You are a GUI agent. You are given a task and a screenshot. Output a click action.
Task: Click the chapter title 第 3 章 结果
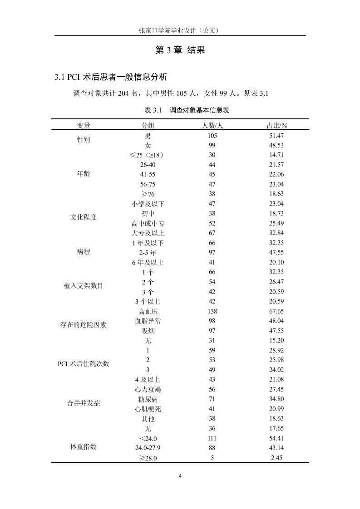coord(180,50)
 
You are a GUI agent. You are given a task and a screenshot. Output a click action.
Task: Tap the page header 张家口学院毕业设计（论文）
coord(180,30)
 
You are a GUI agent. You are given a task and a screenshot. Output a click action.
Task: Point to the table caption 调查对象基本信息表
coord(202,110)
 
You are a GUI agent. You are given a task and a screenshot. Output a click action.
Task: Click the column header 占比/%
coord(276,126)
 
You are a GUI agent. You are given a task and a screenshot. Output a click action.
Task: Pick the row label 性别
coord(84,140)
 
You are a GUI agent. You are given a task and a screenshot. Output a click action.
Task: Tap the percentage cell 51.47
coord(276,136)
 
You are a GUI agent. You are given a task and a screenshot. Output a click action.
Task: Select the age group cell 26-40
coord(148,165)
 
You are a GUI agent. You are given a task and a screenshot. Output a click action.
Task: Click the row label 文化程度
coord(84,217)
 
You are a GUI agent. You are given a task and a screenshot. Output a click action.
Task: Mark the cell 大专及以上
coord(148,233)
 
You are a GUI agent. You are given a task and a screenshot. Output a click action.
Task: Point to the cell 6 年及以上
coord(148,262)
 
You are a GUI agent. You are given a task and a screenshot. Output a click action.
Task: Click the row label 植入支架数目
coord(84,286)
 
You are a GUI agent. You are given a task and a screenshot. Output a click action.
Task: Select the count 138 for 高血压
coord(212,311)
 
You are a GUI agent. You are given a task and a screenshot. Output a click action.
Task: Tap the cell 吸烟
coord(148,331)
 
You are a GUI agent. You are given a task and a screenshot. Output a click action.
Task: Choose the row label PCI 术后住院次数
coord(84,364)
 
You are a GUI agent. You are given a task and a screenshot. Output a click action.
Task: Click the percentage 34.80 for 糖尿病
coord(276,399)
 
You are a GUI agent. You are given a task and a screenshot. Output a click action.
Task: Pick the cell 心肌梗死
coord(148,409)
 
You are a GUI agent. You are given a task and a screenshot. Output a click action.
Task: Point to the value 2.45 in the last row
coord(276,458)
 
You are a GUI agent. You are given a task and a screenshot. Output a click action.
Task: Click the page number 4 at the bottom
coord(180,476)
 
